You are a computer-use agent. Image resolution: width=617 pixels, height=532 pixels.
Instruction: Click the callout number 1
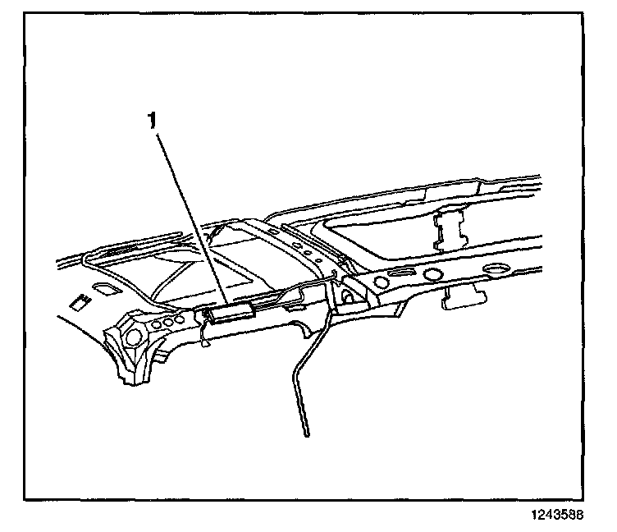[x=151, y=121]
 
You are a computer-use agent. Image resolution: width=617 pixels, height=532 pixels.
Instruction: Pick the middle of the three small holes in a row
[x=169, y=321]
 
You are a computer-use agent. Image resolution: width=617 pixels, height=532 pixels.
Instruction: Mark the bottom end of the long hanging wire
[x=306, y=433]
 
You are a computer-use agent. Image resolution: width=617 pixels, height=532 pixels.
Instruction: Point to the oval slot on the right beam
[x=404, y=274]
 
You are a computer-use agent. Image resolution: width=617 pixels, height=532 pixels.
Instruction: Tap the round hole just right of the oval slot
[x=431, y=270]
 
